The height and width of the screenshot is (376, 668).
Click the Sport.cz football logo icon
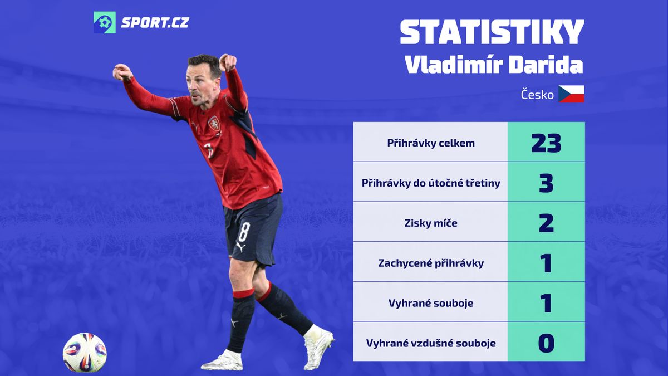pos(105,22)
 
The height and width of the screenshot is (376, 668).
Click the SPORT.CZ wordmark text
pos(155,23)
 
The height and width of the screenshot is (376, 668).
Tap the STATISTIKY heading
pos(492,32)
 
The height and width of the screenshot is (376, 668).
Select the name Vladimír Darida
pos(494,65)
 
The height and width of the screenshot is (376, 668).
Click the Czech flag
pos(571,94)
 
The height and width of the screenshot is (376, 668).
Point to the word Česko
pos(537,95)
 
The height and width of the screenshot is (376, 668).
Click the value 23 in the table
pos(546,143)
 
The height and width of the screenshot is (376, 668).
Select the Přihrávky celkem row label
pos(431,143)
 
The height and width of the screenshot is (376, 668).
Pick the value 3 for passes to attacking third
pos(546,183)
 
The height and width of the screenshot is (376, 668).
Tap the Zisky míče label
pos(431,223)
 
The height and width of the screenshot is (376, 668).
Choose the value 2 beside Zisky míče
pos(546,223)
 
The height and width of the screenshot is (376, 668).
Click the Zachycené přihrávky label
pos(431,263)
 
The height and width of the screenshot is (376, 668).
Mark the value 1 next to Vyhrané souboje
pos(546,303)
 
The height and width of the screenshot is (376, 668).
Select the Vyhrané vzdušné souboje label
pos(431,343)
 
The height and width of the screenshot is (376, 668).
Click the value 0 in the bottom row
pos(546,343)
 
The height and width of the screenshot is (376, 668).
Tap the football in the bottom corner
pos(85,353)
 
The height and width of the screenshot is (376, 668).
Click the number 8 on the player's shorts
pos(244,232)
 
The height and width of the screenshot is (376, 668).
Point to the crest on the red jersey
pos(214,124)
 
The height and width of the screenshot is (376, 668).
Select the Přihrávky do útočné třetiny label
pos(431,183)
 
